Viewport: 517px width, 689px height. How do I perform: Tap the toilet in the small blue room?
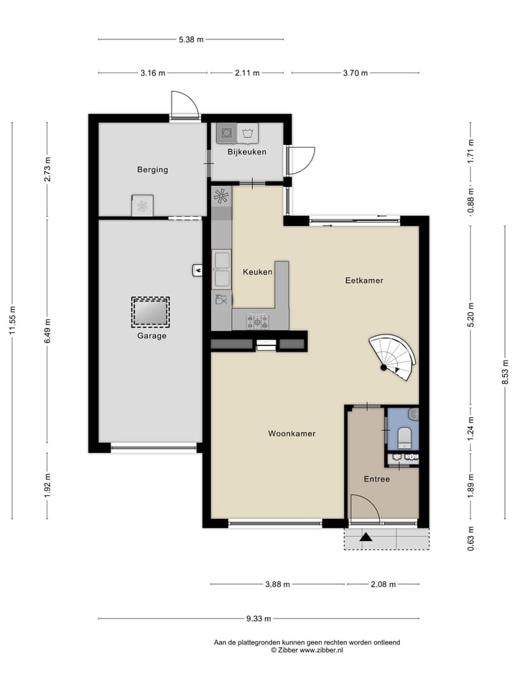pyautogui.click(x=404, y=434)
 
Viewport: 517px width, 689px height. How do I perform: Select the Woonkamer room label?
pyautogui.click(x=292, y=433)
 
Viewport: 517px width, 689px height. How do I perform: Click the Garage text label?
pyautogui.click(x=152, y=335)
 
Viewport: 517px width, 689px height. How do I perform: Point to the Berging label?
pyautogui.click(x=152, y=170)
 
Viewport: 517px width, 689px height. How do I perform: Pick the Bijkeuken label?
pyautogui.click(x=247, y=152)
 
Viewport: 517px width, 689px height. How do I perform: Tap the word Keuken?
pyautogui.click(x=257, y=272)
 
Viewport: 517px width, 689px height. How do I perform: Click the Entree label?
pyautogui.click(x=376, y=479)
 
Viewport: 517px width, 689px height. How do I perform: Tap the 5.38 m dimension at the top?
pyautogui.click(x=190, y=39)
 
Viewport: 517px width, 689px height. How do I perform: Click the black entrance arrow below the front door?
pyautogui.click(x=366, y=536)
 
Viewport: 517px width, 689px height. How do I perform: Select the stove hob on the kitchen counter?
pyautogui.click(x=258, y=321)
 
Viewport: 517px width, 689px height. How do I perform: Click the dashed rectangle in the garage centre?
pyautogui.click(x=151, y=312)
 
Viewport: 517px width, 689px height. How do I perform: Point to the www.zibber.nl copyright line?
pyautogui.click(x=307, y=650)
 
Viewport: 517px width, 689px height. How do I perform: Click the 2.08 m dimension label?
pyautogui.click(x=382, y=584)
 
